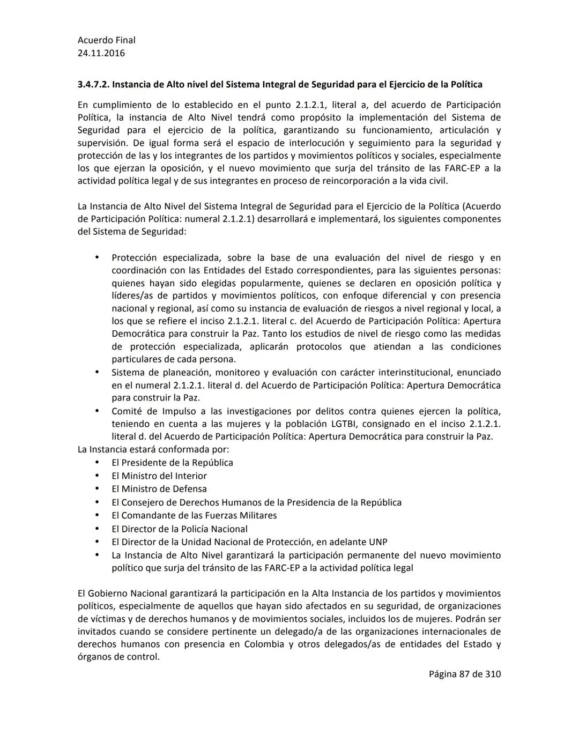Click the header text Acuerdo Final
tap(106, 40)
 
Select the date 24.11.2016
tap(101, 53)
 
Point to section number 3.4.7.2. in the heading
tap(93, 85)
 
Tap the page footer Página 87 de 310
tap(464, 674)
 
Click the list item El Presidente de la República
tap(172, 463)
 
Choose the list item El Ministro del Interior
tap(159, 476)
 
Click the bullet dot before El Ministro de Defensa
tap(97, 489)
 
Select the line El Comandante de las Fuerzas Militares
tap(194, 515)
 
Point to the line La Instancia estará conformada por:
tap(153, 449)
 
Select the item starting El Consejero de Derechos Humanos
tap(256, 502)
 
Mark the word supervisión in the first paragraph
tap(102, 143)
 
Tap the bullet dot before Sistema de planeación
tap(97, 372)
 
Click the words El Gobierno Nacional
tap(122, 594)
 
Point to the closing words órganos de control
tap(118, 657)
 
